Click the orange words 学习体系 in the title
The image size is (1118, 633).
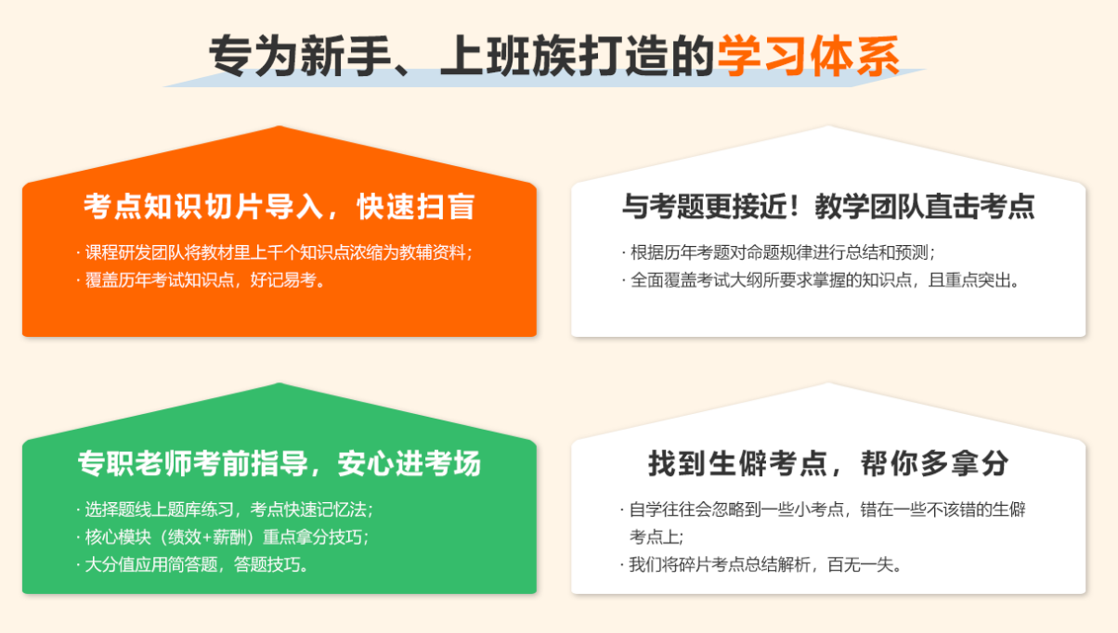(x=808, y=57)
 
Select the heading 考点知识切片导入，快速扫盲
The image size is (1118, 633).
(x=279, y=206)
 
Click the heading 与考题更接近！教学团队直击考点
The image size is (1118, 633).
(x=828, y=206)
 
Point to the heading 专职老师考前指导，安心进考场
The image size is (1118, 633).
(x=279, y=463)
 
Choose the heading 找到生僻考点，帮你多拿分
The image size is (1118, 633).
(x=828, y=463)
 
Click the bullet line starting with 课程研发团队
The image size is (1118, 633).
(x=275, y=252)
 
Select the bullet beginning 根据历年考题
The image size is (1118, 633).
(x=778, y=252)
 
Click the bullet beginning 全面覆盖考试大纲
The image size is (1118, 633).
(x=820, y=280)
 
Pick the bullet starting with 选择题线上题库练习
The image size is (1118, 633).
(x=225, y=510)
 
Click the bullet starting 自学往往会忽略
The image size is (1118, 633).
(x=823, y=523)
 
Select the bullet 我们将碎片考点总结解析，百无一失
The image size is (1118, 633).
(x=761, y=564)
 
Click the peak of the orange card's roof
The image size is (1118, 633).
(x=279, y=127)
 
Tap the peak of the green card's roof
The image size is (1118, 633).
(x=279, y=383)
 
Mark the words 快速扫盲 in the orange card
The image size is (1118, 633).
(x=416, y=206)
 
